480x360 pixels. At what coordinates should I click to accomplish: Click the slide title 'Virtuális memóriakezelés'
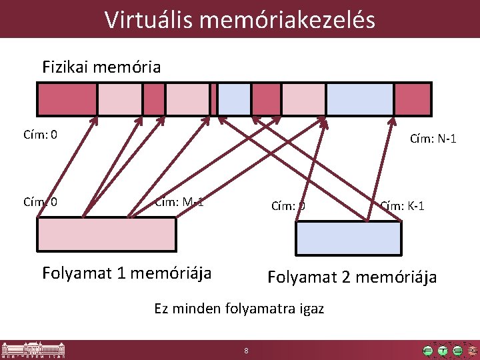tap(240, 19)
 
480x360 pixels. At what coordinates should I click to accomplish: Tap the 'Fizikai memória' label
tap(101, 67)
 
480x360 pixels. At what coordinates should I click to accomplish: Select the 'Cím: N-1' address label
tap(433, 139)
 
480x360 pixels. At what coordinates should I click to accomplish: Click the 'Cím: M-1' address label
tap(179, 202)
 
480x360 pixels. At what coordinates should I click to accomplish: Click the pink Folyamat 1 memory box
tap(107, 235)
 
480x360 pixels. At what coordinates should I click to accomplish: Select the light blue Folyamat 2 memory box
tap(349, 238)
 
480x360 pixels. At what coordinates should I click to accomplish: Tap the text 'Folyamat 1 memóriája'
tap(127, 273)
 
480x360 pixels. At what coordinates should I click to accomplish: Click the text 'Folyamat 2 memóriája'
tap(352, 277)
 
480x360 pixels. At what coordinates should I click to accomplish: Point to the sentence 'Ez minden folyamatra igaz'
tap(239, 309)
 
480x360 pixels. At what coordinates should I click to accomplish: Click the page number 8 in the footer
tap(246, 351)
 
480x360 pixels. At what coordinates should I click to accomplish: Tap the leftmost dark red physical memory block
tap(67, 99)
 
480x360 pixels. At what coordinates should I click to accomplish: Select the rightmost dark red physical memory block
tap(412, 99)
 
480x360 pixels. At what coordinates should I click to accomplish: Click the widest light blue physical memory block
tap(359, 99)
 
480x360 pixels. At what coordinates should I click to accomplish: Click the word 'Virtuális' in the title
tap(147, 19)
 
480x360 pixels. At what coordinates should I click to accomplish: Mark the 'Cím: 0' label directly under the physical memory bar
tap(40, 135)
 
